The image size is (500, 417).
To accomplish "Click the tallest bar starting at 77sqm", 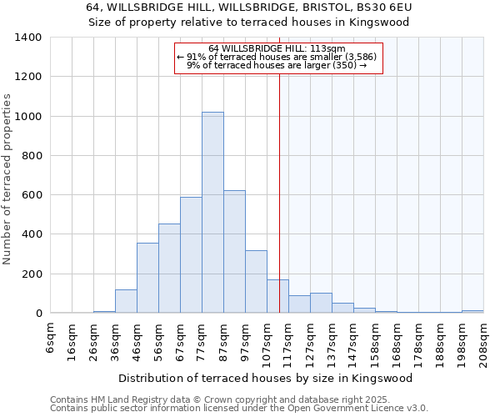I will pyautogui.click(x=212, y=213).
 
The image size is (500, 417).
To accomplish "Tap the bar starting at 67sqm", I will pyautogui.click(x=191, y=255).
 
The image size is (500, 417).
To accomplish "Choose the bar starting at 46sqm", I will pyautogui.click(x=147, y=278).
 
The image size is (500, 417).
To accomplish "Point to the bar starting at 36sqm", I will pyautogui.click(x=126, y=301).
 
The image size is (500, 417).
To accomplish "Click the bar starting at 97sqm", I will pyautogui.click(x=256, y=282).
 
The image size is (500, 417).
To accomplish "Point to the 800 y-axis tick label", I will pyautogui.click(x=31, y=156).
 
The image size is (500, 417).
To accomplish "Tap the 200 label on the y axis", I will pyautogui.click(x=31, y=274).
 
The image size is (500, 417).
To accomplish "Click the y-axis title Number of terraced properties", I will pyautogui.click(x=7, y=178).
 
